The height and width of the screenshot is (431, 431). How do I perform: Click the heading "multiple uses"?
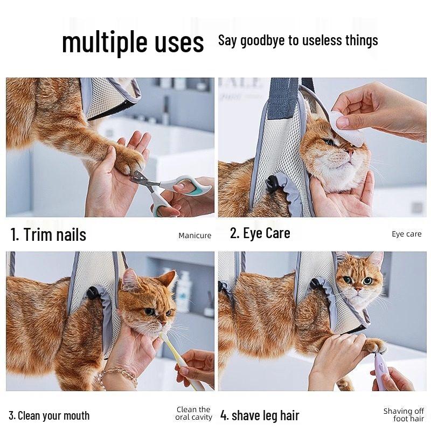click(133, 42)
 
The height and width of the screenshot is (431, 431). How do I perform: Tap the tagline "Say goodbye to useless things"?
click(298, 40)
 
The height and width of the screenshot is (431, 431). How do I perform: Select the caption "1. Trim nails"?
click(48, 234)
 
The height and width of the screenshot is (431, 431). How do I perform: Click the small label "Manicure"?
click(194, 235)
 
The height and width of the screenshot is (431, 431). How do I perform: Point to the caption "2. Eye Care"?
click(260, 233)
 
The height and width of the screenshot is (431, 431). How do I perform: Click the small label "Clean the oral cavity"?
click(194, 414)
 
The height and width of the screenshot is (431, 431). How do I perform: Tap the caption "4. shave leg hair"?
click(260, 416)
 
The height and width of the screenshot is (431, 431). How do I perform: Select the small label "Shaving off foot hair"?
click(404, 415)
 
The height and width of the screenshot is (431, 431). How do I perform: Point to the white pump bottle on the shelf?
click(184, 291)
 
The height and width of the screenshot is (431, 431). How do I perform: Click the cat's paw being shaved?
click(375, 345)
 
